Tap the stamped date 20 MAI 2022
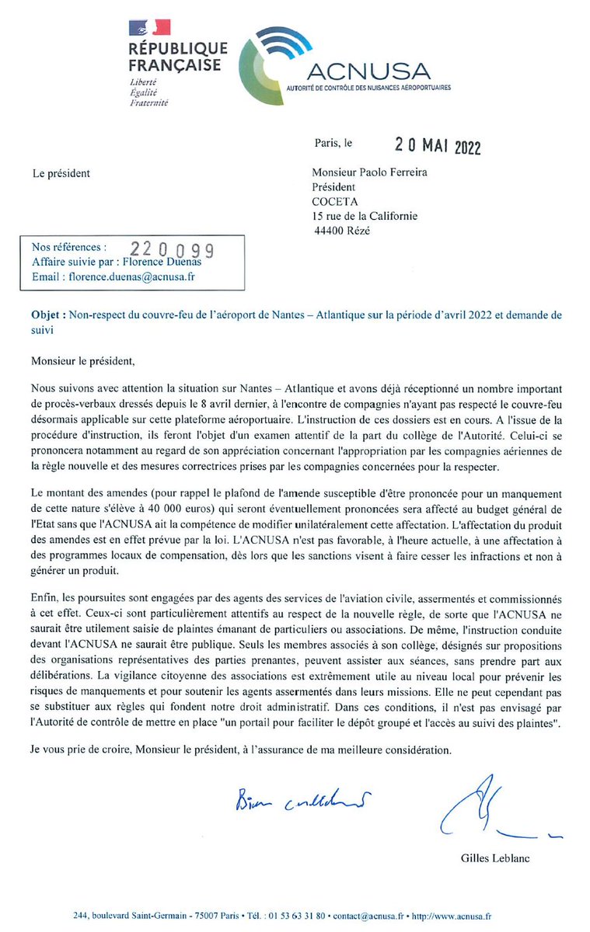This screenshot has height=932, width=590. [439, 144]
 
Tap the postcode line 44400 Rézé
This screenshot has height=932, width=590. [341, 230]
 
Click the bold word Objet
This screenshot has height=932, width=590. [46, 315]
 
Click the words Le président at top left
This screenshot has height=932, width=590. [61, 173]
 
